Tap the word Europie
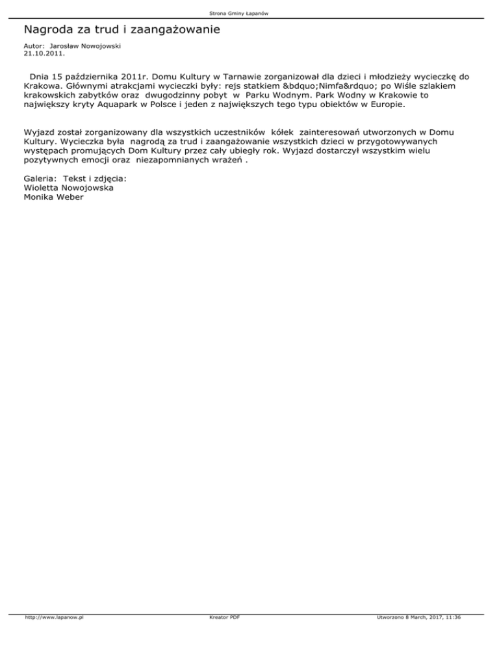tap(386, 103)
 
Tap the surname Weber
tap(67, 197)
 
